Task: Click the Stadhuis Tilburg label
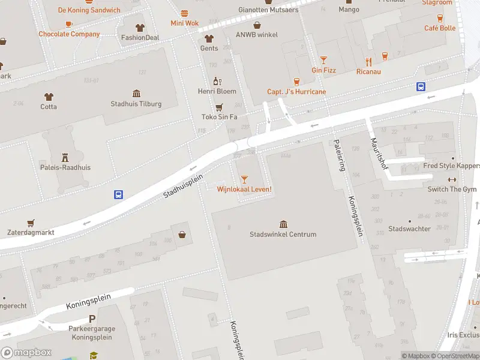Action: point(136,104)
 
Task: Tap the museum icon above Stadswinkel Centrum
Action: point(283,224)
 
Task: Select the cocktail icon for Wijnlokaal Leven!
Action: point(244,179)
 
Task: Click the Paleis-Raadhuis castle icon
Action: point(65,157)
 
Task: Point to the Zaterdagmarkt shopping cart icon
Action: point(31,221)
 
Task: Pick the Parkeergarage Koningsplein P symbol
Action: point(92,319)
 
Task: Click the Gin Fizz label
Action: point(323,70)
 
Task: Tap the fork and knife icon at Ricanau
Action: point(368,61)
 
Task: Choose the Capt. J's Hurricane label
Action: point(296,92)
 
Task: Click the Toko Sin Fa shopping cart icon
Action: point(219,107)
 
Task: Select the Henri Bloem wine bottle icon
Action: point(218,81)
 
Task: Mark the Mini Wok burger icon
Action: point(184,13)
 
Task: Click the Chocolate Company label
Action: point(69,34)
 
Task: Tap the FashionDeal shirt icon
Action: point(140,27)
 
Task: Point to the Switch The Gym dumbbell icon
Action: point(452,179)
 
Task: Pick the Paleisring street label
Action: point(339,155)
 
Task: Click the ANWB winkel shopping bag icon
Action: point(257,25)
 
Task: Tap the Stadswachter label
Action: point(409,229)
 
